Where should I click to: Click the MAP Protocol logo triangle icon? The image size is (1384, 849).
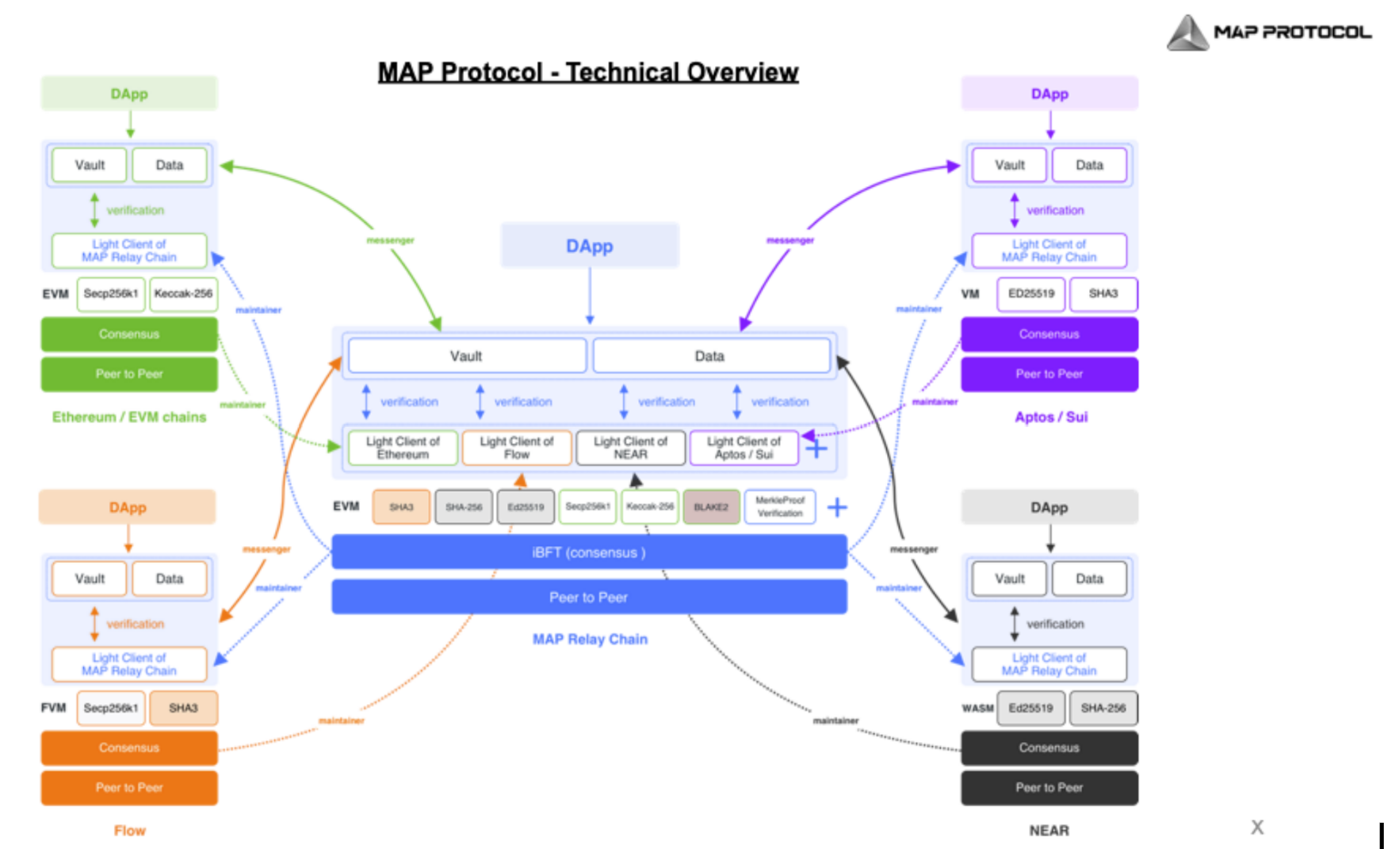coord(1187,33)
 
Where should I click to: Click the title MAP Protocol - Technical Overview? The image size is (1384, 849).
coord(587,72)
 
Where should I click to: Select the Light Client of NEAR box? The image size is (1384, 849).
coord(630,448)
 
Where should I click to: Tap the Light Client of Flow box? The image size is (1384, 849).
coord(516,448)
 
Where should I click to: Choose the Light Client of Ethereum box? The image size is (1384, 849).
coord(403,448)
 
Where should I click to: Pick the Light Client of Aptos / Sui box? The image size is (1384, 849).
coord(743,448)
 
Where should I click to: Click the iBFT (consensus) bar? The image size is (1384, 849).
coord(589,553)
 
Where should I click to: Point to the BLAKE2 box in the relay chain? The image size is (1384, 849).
coord(711,507)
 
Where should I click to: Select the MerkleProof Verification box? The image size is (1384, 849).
coord(779,507)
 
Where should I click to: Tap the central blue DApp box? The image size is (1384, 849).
coord(589,247)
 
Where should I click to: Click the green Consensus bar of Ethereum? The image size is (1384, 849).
coord(129,335)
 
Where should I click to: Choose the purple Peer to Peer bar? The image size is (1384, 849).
coord(1049,374)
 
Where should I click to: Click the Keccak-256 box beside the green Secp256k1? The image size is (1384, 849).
coord(183,294)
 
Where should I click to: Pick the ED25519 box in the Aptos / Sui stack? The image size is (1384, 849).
coord(1030,294)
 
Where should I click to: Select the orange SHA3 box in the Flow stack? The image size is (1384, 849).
coord(183,708)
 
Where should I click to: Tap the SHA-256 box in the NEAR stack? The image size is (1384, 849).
coord(1103,708)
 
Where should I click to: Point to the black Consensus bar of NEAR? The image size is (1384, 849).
coord(1049,748)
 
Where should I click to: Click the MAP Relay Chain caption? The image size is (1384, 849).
coord(590,640)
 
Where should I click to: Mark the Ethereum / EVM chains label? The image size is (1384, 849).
coord(129,418)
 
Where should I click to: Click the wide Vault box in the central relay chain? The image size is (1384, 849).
coord(466,357)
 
